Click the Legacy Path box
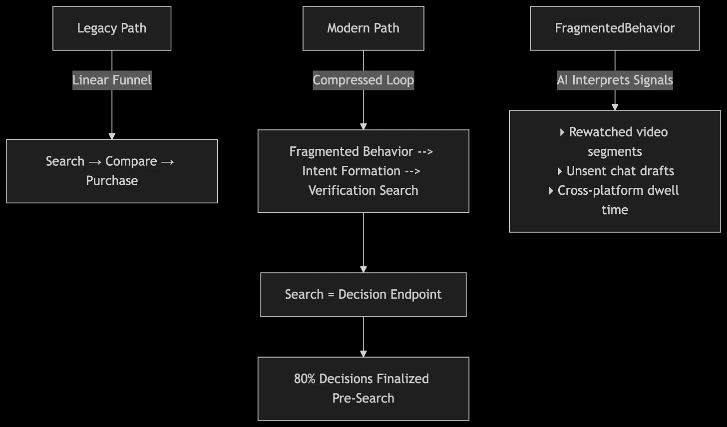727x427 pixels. coord(112,28)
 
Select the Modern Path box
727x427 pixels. coord(363,28)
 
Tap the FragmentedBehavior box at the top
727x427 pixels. coord(615,28)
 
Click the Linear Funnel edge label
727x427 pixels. coord(112,80)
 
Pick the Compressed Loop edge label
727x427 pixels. coord(363,80)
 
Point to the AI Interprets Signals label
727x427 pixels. coord(615,80)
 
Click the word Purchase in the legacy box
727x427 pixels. coord(112,181)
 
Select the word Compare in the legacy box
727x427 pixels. coord(131,161)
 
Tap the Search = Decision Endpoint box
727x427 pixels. coord(363,295)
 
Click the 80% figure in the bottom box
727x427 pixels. coord(305,379)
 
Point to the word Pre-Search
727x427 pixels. coord(363,398)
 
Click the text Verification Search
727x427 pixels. coord(363,190)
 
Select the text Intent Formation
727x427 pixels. coord(351,171)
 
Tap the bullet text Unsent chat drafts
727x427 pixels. coord(620,171)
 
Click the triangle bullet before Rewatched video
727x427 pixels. coord(562,132)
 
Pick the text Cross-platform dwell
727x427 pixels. coord(618,190)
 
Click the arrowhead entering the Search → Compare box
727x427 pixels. coord(112,136)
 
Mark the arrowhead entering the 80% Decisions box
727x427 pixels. coord(363,354)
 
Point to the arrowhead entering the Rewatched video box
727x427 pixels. coord(615,107)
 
